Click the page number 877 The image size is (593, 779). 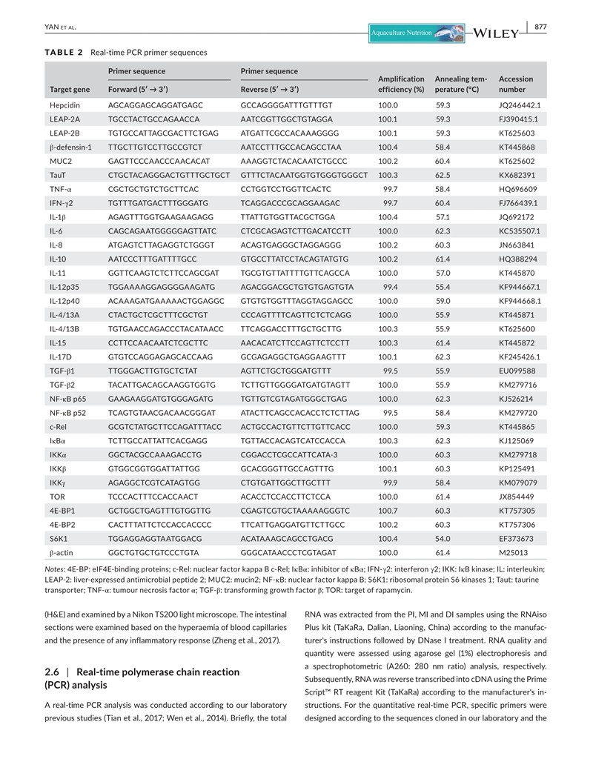540,27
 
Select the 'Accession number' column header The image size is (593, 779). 515,84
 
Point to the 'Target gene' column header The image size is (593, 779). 70,90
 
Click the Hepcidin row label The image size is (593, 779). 63,105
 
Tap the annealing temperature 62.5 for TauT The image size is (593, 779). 444,175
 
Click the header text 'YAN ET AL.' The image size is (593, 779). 61,27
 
